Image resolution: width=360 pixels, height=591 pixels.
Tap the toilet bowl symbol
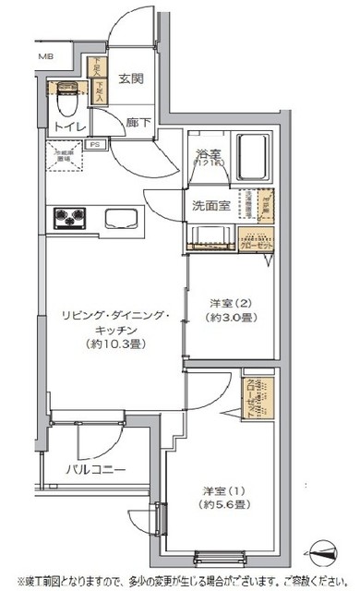(x=66, y=93)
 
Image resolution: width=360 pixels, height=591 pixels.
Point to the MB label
(x=45, y=57)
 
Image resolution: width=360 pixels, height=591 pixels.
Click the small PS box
(x=93, y=145)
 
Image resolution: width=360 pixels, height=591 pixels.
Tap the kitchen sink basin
(x=123, y=220)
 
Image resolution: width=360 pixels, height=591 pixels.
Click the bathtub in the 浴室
(x=252, y=153)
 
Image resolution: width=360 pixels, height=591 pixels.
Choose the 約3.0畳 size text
(x=226, y=317)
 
